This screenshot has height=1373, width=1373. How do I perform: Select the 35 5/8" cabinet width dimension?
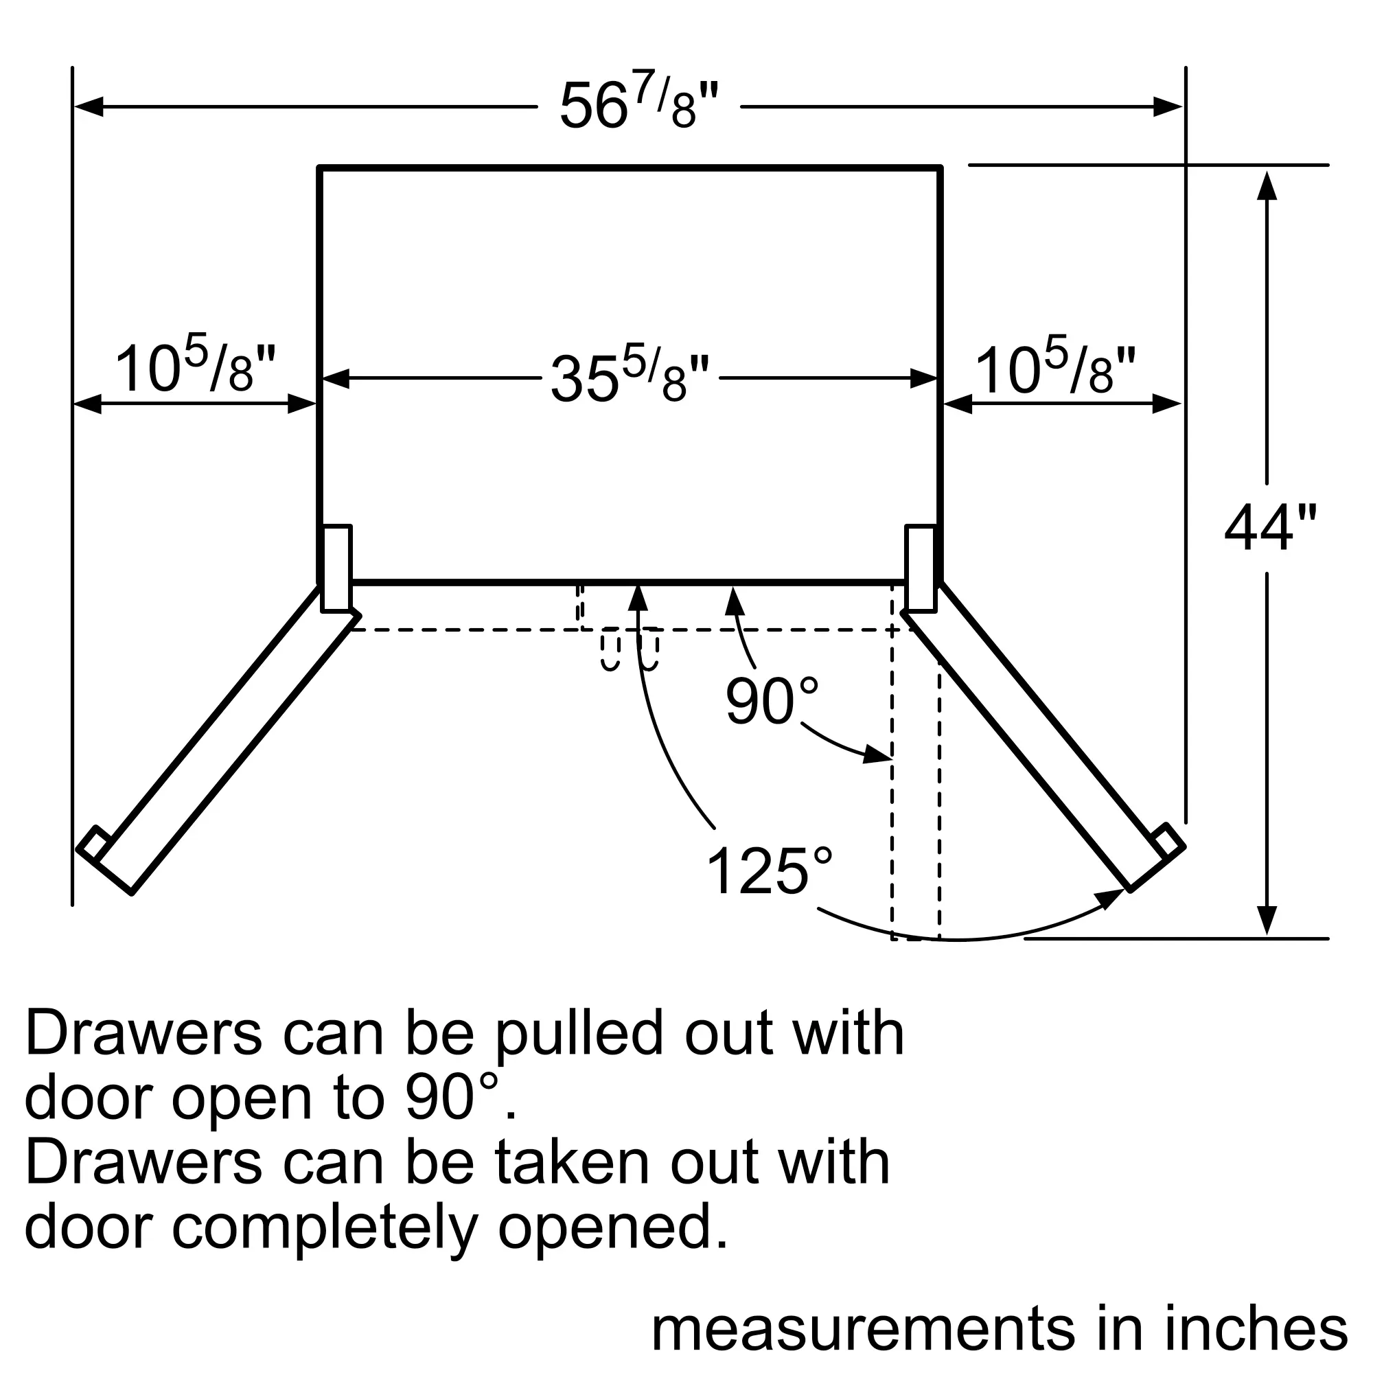tap(629, 378)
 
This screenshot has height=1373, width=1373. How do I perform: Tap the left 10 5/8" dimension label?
tap(194, 368)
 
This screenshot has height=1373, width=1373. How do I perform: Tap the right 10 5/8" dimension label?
tap(1054, 368)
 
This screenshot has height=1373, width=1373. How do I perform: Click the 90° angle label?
tap(772, 702)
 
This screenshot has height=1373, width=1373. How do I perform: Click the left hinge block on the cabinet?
tap(336, 568)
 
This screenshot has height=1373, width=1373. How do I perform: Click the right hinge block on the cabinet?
tap(921, 568)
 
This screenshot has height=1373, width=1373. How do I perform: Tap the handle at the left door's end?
tap(94, 843)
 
